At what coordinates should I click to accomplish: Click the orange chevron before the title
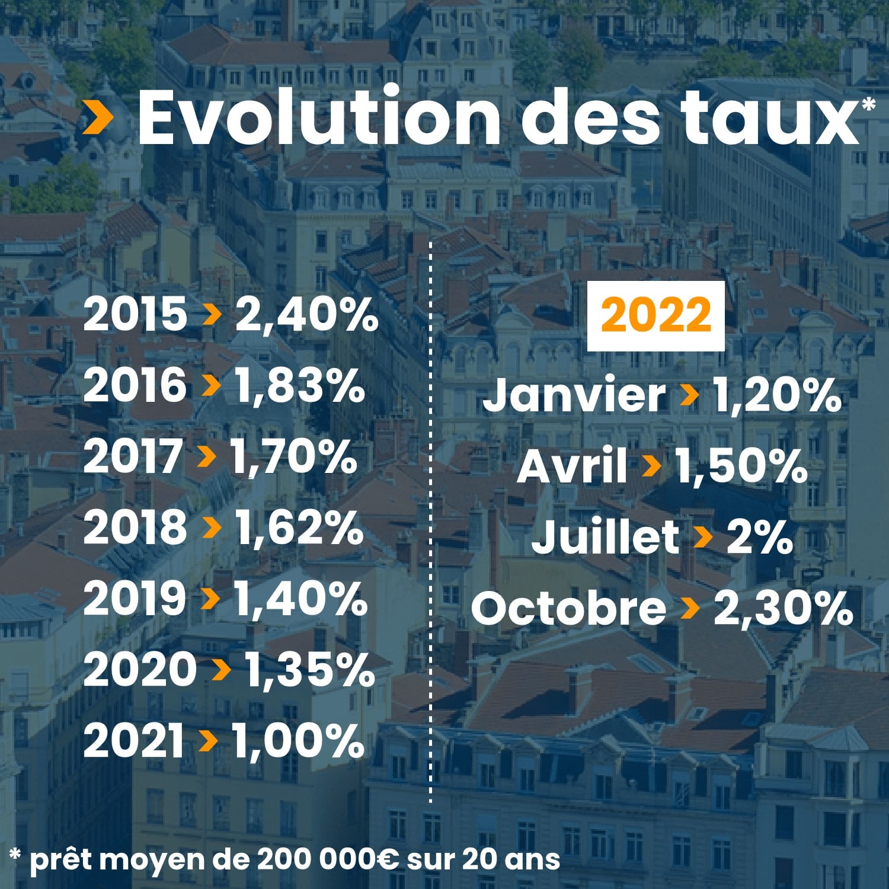tap(98, 117)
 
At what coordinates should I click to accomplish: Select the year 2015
tap(135, 314)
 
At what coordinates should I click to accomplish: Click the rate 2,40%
tap(306, 314)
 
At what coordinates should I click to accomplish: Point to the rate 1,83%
tap(299, 386)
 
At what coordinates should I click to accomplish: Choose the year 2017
tap(133, 456)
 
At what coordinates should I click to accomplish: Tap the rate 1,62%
tap(299, 527)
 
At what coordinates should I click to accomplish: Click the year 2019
tap(135, 598)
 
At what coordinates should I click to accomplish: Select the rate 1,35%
tap(310, 670)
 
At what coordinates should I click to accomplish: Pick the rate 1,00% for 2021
tap(298, 741)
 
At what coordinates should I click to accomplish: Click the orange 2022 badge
tap(655, 316)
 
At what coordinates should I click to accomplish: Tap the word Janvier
tap(574, 395)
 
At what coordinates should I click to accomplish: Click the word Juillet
tap(605, 537)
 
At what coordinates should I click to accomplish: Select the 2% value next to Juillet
tap(759, 537)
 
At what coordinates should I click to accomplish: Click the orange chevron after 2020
tap(220, 670)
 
